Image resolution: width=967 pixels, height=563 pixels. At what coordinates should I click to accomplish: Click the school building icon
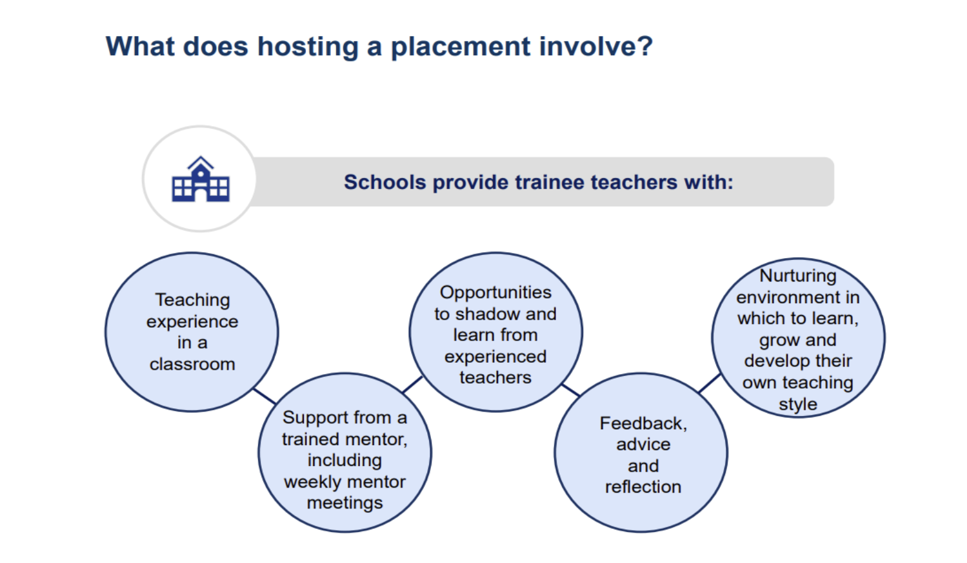[x=201, y=179]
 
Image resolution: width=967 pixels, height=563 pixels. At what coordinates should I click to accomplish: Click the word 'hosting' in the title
[x=308, y=47]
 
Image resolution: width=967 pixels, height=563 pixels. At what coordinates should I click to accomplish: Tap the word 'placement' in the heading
[x=461, y=47]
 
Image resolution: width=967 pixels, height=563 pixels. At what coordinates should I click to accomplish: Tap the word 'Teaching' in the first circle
[x=193, y=301]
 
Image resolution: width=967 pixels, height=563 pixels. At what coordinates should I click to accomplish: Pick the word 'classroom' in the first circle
[x=193, y=365]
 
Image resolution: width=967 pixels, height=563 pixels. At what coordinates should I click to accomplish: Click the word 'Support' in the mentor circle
[x=316, y=418]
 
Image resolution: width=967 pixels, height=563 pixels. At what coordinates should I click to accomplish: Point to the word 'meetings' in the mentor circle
[x=345, y=503]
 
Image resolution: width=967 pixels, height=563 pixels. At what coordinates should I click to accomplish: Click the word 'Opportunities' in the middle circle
[x=496, y=293]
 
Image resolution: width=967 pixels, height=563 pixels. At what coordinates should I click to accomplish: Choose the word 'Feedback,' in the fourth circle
[x=643, y=424]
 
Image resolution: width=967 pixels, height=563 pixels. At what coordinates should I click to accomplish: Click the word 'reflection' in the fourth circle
[x=643, y=487]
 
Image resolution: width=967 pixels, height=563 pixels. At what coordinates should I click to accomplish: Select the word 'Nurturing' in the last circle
[x=798, y=276]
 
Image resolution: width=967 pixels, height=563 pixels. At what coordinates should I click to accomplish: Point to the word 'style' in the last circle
[x=798, y=404]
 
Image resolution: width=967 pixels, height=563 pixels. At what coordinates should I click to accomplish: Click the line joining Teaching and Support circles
[x=264, y=396]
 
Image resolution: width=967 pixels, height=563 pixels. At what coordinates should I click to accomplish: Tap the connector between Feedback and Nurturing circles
[x=710, y=383]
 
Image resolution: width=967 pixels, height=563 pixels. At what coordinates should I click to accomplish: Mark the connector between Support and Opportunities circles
[x=413, y=385]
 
